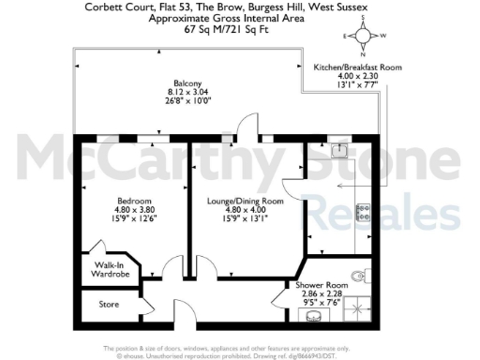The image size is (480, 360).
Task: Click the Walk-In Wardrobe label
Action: [x=110, y=270]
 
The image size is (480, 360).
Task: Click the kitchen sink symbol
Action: [x=343, y=150]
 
